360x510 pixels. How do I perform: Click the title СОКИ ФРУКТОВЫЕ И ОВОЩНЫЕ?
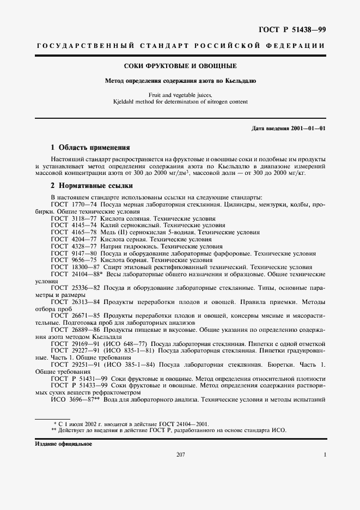[180, 66]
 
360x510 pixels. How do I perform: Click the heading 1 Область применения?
[90, 147]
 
